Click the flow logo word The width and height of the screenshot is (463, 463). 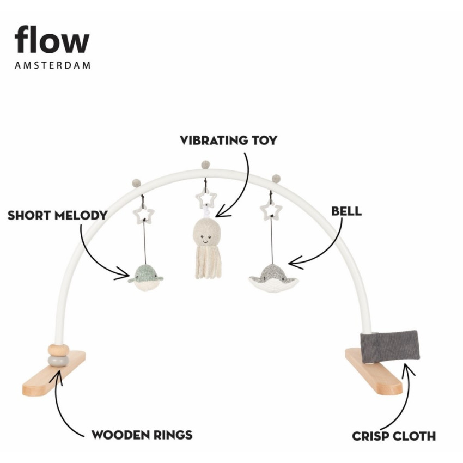[52, 41]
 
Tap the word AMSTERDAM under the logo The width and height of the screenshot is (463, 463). [52, 65]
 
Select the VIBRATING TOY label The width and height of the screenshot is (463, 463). [229, 140]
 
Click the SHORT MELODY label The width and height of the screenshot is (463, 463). [57, 215]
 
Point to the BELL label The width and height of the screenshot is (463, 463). [346, 211]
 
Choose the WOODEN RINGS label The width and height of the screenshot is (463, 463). [142, 435]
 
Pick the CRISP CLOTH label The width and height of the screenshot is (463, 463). [394, 436]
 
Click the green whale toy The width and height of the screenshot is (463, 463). [145, 277]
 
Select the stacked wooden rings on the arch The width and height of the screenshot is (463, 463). [57, 355]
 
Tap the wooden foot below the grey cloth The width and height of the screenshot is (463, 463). [374, 371]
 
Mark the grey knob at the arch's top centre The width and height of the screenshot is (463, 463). [205, 164]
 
